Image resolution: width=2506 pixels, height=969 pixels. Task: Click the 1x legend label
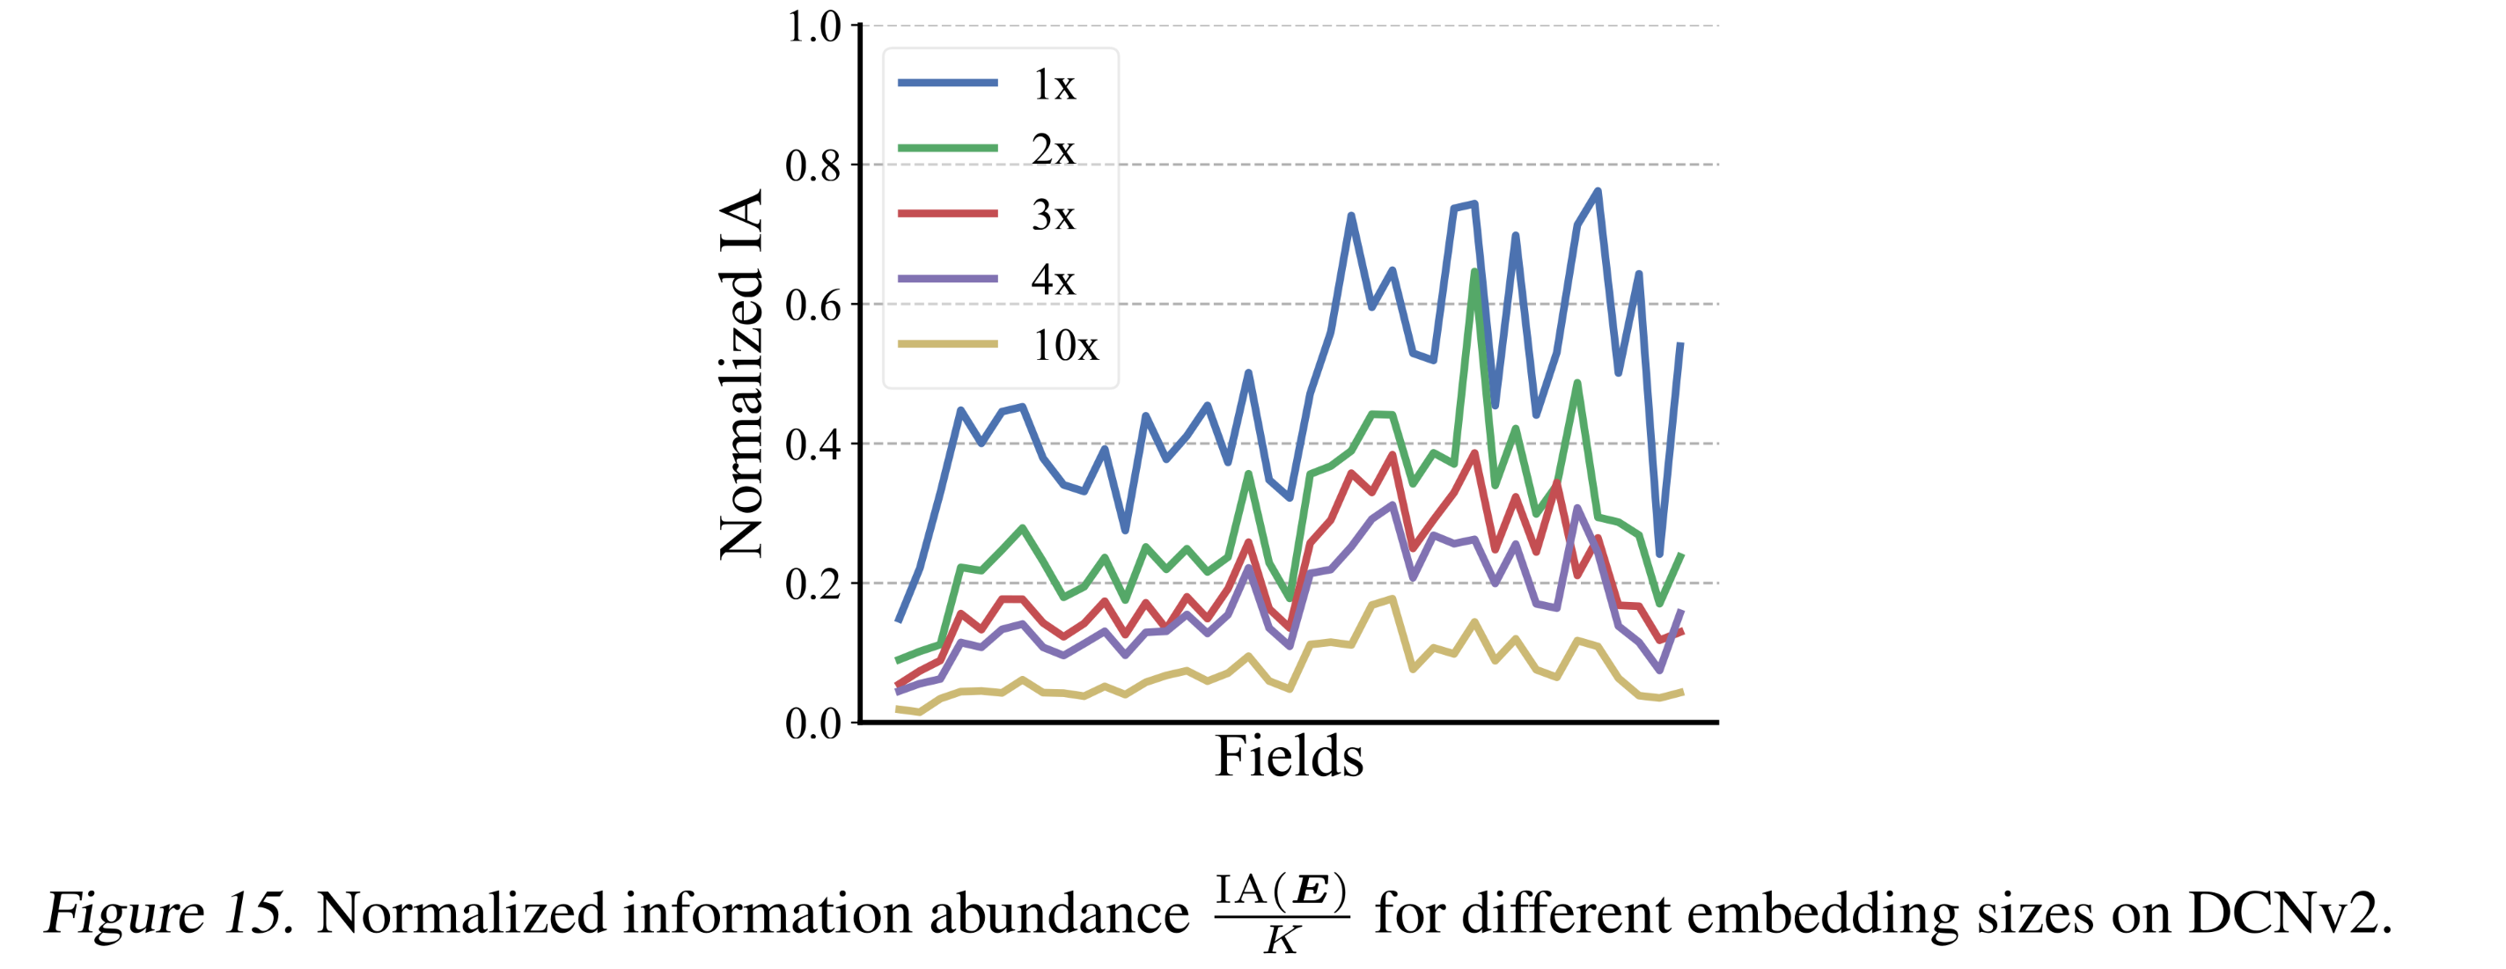[1054, 85]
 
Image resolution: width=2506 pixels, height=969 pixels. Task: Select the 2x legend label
[1054, 150]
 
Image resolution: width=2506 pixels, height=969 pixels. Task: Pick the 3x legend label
[1054, 215]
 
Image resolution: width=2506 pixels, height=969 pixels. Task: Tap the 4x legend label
[1054, 280]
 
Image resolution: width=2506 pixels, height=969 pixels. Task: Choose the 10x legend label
[1065, 345]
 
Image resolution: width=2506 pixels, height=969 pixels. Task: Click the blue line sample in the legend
[946, 84]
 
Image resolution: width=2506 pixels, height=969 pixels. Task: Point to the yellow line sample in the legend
[946, 343]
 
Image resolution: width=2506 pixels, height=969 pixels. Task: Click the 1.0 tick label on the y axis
[813, 27]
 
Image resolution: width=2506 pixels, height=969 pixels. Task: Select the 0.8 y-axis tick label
[813, 166]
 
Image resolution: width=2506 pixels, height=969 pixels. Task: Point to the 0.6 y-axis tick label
[813, 305]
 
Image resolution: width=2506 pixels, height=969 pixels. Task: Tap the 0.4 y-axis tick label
[813, 444]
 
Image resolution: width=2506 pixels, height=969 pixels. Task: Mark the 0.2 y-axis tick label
[813, 584]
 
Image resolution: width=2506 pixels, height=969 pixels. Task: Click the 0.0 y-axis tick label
[813, 723]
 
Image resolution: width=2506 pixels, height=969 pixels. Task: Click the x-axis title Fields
[1289, 756]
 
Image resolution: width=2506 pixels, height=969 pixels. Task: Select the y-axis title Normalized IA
[741, 375]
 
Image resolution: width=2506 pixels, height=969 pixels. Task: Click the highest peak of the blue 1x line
[1598, 192]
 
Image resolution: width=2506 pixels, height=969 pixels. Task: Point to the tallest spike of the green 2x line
[1474, 273]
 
